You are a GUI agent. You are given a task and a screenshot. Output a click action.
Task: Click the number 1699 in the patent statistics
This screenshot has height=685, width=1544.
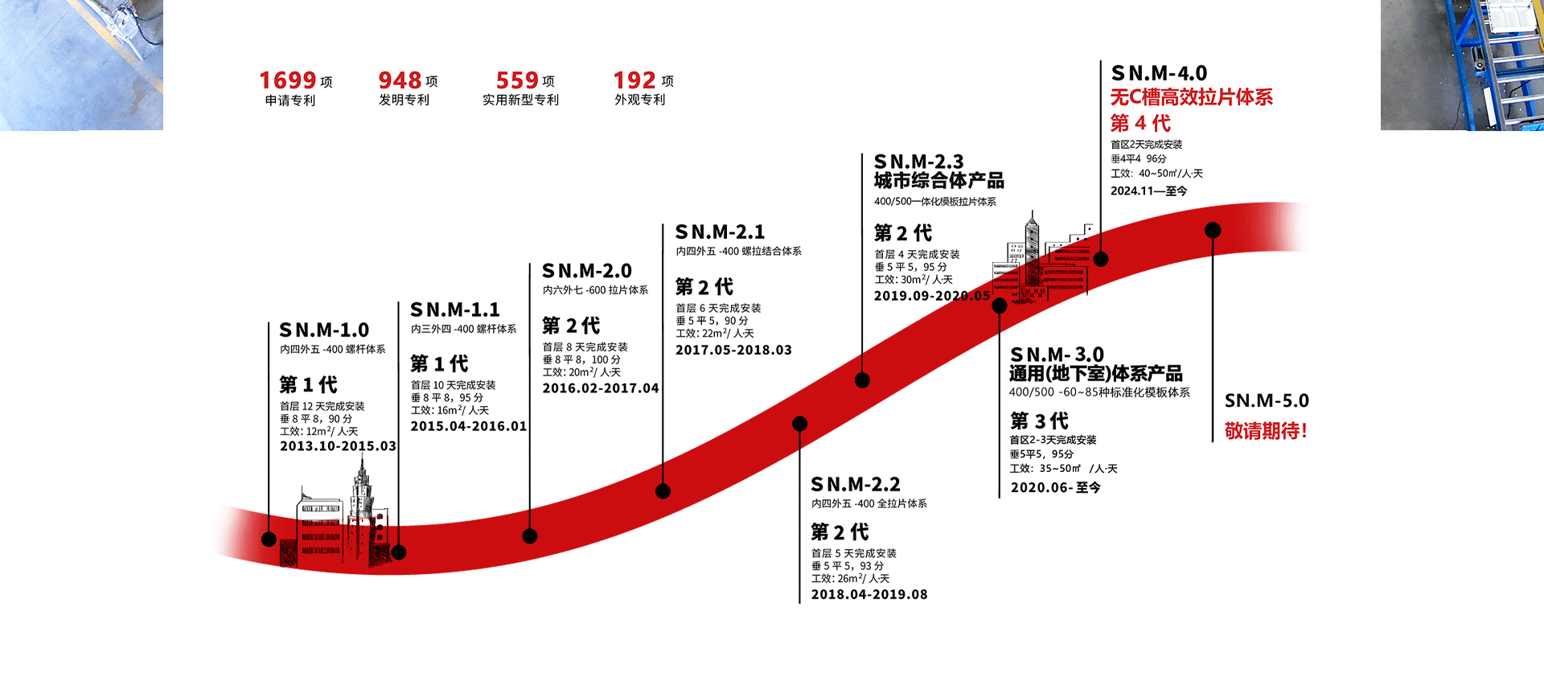[287, 80]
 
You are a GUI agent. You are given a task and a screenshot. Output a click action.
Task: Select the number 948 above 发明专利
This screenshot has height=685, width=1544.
[400, 80]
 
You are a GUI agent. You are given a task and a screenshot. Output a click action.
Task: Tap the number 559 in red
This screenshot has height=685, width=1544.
[517, 80]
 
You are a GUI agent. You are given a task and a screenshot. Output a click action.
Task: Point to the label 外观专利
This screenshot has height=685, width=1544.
[640, 100]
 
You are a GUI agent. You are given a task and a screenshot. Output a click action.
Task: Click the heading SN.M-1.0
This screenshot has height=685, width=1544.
[324, 330]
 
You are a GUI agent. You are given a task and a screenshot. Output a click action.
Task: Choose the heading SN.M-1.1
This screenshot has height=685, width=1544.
[455, 310]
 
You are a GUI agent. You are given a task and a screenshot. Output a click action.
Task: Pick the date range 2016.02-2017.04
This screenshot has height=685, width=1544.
[601, 388]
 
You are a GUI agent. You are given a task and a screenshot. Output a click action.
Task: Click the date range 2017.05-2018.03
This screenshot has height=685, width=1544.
[733, 350]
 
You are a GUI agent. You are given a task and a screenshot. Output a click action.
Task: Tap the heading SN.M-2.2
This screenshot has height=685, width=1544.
[856, 485]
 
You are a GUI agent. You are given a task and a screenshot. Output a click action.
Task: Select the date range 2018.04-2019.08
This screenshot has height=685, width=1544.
[869, 594]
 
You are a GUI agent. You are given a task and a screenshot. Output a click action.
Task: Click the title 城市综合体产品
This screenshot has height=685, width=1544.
[939, 181]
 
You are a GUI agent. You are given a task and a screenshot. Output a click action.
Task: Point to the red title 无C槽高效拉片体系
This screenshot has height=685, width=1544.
[1192, 97]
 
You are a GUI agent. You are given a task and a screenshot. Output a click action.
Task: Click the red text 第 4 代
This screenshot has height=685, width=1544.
[1140, 123]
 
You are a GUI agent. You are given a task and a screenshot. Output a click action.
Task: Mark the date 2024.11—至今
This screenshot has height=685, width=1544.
[1148, 191]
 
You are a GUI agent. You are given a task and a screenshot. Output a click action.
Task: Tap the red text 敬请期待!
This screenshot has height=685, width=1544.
[1266, 431]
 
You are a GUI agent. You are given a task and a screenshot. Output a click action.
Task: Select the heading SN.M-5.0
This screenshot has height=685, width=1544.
[1267, 400]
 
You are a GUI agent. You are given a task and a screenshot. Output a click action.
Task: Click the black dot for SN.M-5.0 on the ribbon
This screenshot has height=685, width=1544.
[1213, 231]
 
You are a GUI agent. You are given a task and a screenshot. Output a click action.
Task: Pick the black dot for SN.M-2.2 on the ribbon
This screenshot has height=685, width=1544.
[800, 424]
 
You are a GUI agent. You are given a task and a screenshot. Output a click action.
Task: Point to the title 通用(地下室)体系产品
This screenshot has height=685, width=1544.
[1096, 374]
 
